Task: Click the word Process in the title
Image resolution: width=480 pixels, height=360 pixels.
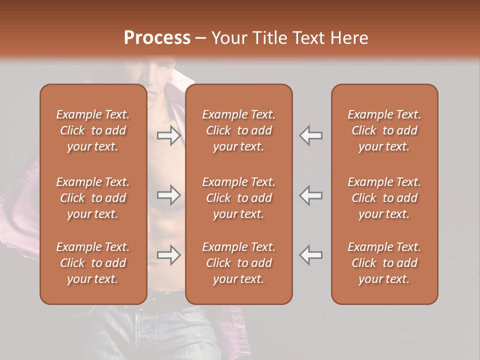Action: point(157,38)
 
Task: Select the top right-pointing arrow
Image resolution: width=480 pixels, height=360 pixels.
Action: point(169,135)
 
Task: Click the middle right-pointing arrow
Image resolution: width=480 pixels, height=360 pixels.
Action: point(169,195)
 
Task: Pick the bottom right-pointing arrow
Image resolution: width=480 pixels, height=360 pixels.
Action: point(169,255)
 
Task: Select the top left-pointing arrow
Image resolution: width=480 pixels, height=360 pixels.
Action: point(311,135)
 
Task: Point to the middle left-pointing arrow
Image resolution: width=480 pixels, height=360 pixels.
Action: point(311,195)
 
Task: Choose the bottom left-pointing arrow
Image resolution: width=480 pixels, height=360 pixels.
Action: point(311,255)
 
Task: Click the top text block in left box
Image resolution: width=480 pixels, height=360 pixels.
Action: point(93,130)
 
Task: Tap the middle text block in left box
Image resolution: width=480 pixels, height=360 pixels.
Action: point(93,198)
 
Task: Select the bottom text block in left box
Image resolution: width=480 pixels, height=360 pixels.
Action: point(93,263)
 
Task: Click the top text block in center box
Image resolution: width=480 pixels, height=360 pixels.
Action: point(239,130)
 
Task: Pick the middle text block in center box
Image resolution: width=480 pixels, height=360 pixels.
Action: point(239,198)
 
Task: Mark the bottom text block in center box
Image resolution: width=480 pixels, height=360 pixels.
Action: point(239,263)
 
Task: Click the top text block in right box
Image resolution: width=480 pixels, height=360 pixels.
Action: point(384,130)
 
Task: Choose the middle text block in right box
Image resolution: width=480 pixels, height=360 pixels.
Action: point(384,198)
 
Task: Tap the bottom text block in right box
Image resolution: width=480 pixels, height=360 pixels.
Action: point(384,263)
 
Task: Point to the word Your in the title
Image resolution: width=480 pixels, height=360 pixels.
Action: point(229,38)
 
